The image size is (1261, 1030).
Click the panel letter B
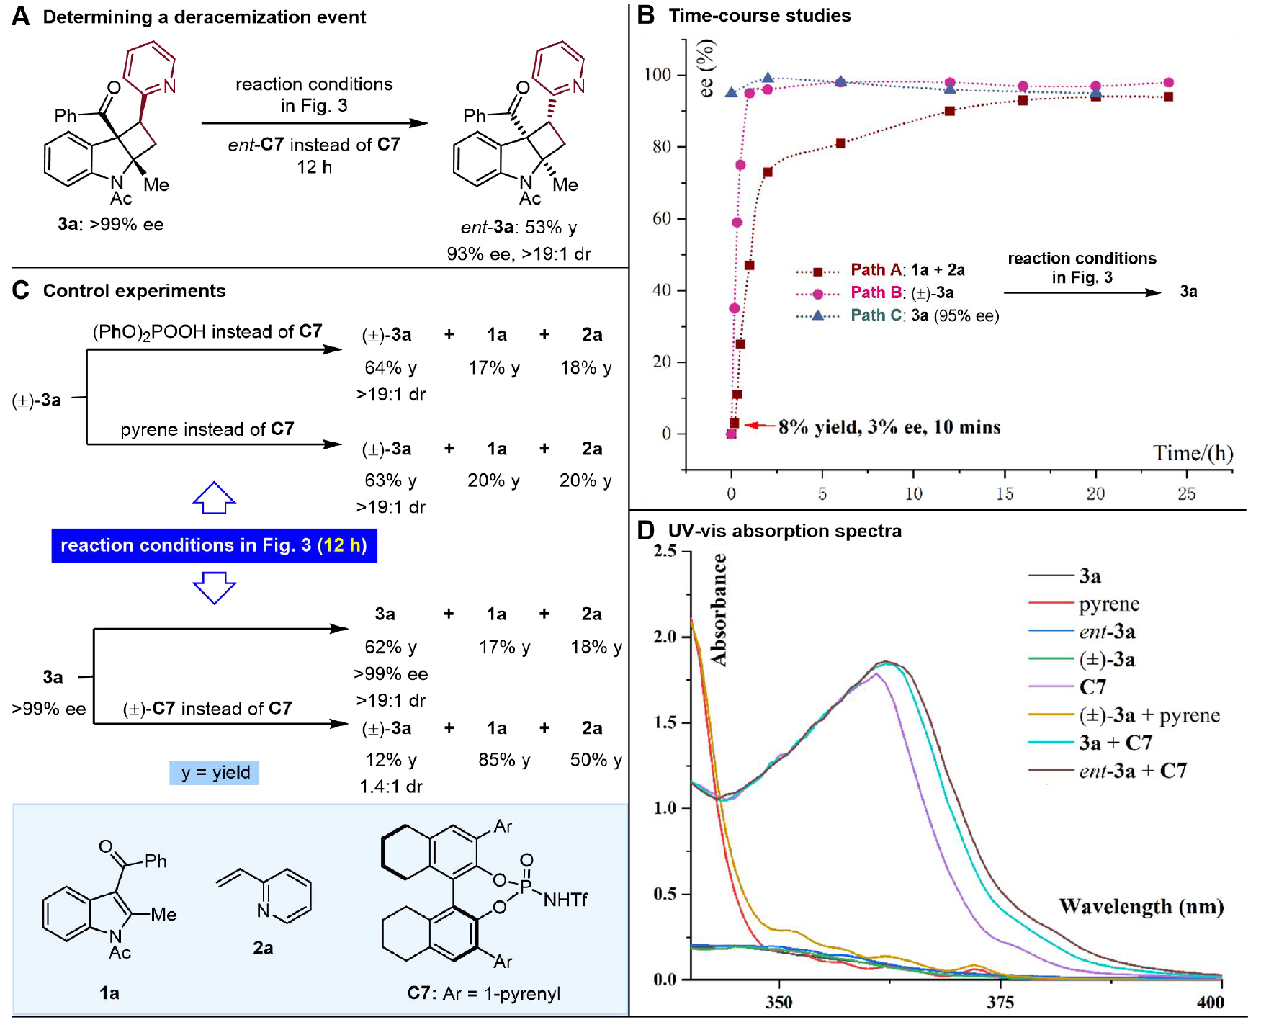(x=646, y=15)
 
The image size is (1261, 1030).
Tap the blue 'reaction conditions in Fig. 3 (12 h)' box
(x=214, y=545)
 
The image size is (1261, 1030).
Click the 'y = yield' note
(x=215, y=773)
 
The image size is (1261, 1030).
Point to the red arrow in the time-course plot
(x=759, y=425)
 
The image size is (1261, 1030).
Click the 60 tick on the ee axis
(x=662, y=218)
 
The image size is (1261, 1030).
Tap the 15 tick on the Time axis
(x=1005, y=493)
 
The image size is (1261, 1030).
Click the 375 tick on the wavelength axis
(x=1000, y=1002)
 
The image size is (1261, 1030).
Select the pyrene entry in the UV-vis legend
(x=1109, y=604)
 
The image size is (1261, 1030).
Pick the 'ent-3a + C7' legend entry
(x=1132, y=771)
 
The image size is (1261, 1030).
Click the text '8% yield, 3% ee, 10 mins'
(x=889, y=427)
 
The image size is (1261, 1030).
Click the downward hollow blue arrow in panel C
(x=214, y=587)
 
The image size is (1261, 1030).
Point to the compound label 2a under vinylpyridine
(x=263, y=948)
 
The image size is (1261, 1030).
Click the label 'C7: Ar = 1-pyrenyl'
(x=483, y=993)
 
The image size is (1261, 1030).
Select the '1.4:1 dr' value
(x=391, y=787)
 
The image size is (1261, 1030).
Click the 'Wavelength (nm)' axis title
(x=1141, y=906)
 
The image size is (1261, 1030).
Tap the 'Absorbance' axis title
(x=719, y=609)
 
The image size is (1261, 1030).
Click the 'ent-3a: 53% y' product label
(x=519, y=228)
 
